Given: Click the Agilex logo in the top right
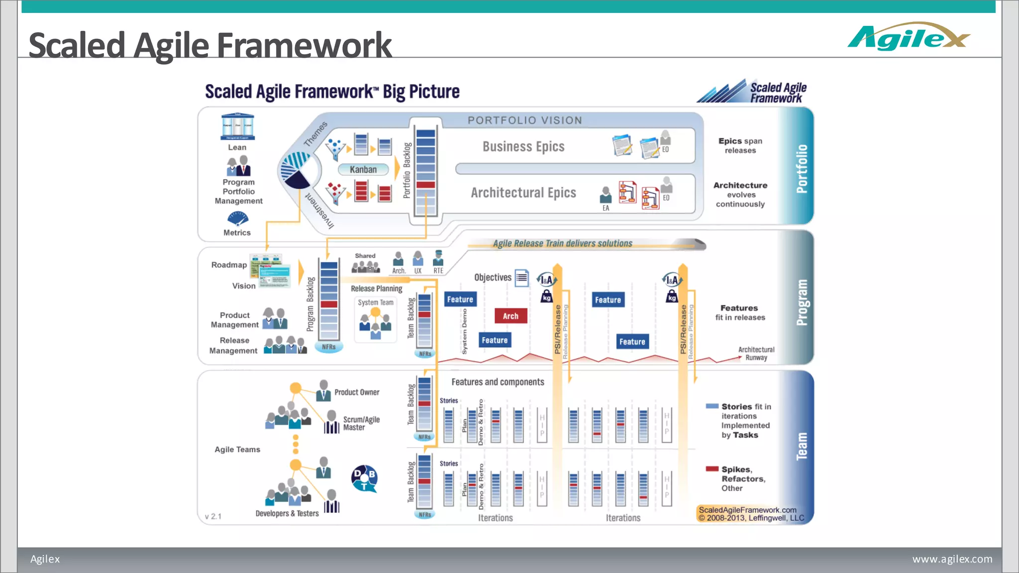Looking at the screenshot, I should click(908, 37).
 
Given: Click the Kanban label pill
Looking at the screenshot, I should click(363, 170).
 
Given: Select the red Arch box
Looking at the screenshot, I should click(510, 316).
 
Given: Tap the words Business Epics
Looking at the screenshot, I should click(523, 147).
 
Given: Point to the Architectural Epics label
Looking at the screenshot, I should click(523, 193).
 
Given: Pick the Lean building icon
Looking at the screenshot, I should click(237, 127).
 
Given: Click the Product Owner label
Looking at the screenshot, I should click(357, 392).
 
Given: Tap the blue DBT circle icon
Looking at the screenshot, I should click(364, 478).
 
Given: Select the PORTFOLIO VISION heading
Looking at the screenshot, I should click(524, 120).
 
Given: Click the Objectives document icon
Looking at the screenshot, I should click(521, 278).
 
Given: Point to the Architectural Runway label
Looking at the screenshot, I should click(756, 354).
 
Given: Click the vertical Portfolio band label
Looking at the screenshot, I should click(801, 169).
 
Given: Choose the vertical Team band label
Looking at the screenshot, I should click(801, 446).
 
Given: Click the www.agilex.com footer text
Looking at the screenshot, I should click(952, 559).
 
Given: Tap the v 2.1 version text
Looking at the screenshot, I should click(213, 517).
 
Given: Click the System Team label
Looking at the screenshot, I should click(376, 302).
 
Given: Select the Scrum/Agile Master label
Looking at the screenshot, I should click(361, 423).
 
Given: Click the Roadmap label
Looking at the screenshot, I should click(229, 265).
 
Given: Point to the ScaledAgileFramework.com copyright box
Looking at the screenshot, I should click(751, 514).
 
